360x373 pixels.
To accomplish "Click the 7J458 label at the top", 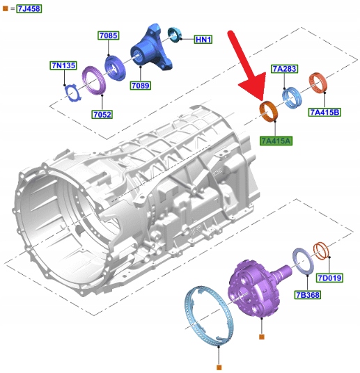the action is pyautogui.click(x=29, y=9).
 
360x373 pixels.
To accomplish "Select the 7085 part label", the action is pyautogui.click(x=109, y=35).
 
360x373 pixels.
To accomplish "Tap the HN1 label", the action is pyautogui.click(x=203, y=39).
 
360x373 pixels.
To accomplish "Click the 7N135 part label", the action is pyautogui.click(x=63, y=65).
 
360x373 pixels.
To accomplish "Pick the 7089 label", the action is pyautogui.click(x=141, y=86).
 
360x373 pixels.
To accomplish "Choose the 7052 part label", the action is pyautogui.click(x=102, y=114).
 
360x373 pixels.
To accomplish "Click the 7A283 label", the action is pyautogui.click(x=284, y=69).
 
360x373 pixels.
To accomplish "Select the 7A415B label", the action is pyautogui.click(x=324, y=112).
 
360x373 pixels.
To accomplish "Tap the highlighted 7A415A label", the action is pyautogui.click(x=276, y=141).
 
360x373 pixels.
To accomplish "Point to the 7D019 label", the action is pyautogui.click(x=329, y=278).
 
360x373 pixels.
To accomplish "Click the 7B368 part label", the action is pyautogui.click(x=307, y=295).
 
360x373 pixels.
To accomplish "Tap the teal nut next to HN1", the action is pyautogui.click(x=175, y=35).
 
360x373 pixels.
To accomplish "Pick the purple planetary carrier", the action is pyautogui.click(x=256, y=288).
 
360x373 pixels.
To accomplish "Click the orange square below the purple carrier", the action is pyautogui.click(x=261, y=337).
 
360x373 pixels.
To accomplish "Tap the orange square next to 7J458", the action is pyautogui.click(x=5, y=9).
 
